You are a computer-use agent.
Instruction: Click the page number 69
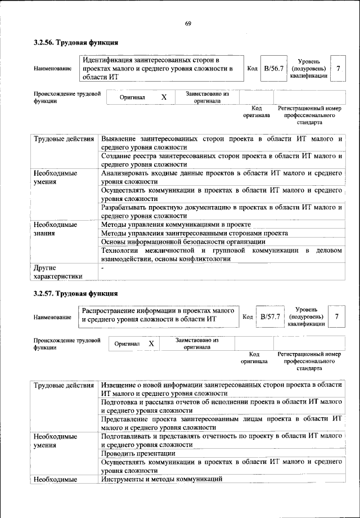[x=188, y=23]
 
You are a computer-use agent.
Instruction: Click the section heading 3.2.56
[x=75, y=43]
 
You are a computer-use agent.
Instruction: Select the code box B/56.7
[x=273, y=68]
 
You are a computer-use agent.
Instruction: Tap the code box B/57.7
[x=269, y=317]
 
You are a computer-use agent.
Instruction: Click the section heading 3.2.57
[x=75, y=293]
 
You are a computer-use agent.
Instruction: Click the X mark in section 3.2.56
[x=164, y=97]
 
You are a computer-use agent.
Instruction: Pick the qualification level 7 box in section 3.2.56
[x=337, y=68]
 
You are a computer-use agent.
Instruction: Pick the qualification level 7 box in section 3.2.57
[x=336, y=317]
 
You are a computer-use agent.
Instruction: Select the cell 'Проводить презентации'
[x=138, y=453]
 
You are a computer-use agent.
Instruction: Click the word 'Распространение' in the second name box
[x=110, y=310]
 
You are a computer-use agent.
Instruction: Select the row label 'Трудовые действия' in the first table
[x=64, y=139]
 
